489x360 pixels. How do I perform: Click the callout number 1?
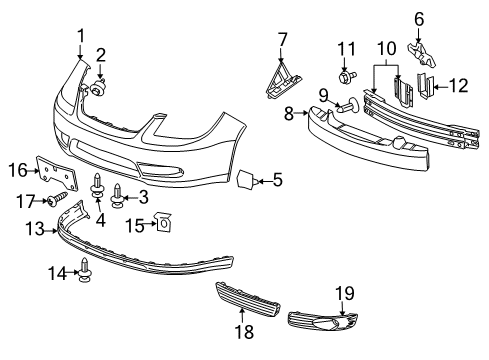point(81,37)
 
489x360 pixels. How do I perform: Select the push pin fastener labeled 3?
point(119,193)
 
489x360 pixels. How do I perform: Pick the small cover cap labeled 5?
point(244,180)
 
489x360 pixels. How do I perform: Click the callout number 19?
point(347,292)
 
